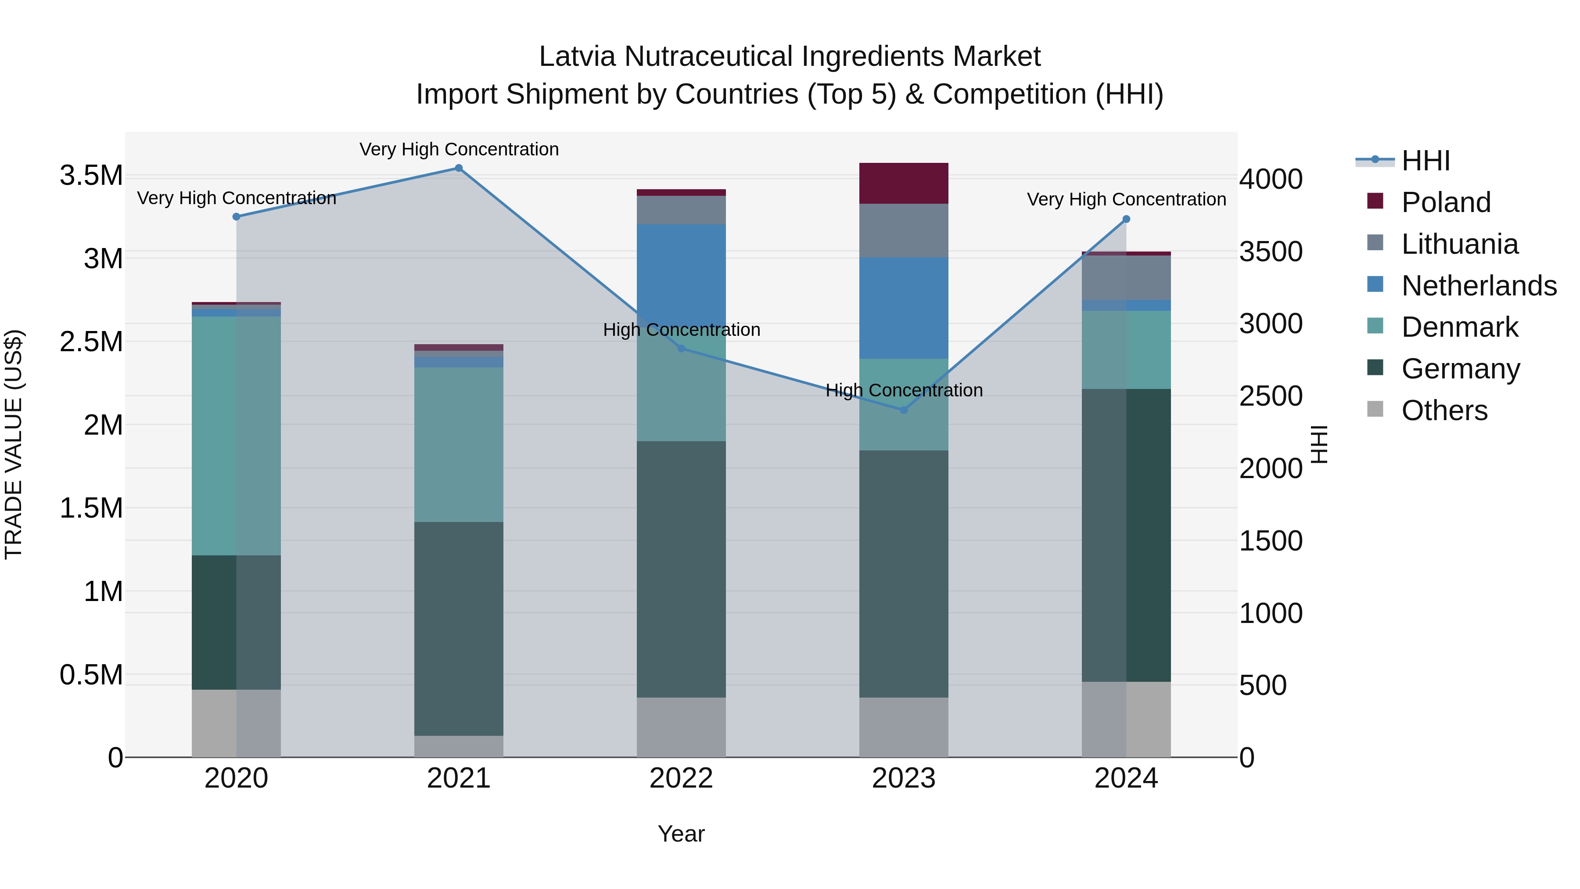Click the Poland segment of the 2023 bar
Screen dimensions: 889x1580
[904, 183]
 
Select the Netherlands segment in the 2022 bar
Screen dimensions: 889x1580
[681, 270]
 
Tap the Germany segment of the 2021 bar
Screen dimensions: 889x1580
[459, 628]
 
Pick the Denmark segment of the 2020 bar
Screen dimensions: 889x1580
[236, 436]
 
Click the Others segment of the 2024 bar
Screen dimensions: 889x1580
[1126, 719]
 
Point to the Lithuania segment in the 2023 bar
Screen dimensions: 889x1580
[904, 230]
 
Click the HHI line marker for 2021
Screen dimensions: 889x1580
[459, 168]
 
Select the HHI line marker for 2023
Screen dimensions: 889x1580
[904, 410]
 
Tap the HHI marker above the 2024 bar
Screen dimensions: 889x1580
[1126, 219]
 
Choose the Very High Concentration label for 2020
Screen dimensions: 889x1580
[236, 198]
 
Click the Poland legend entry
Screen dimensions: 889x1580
[1446, 202]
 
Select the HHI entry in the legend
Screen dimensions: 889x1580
[1426, 161]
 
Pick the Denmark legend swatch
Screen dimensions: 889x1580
[1375, 326]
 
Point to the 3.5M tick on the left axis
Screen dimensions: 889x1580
[91, 176]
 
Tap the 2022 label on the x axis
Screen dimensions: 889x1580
[681, 778]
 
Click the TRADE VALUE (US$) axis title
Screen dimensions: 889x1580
[14, 444]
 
